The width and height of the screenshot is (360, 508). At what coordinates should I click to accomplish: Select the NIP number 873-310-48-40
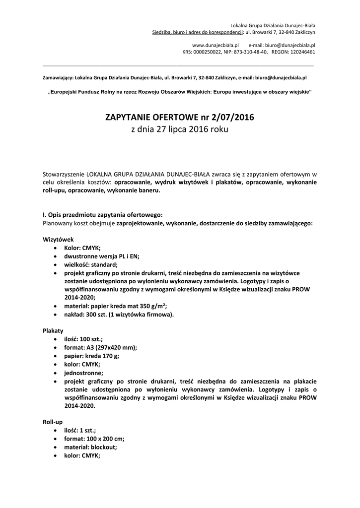(251, 51)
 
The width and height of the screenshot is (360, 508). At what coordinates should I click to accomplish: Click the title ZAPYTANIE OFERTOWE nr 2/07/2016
(180, 118)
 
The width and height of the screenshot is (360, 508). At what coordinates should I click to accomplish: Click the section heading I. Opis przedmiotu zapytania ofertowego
(102, 215)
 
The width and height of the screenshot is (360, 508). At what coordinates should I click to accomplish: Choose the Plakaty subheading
(53, 330)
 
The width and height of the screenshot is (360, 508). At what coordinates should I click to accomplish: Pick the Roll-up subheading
(53, 421)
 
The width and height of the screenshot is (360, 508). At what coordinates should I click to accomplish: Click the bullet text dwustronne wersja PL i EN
(102, 256)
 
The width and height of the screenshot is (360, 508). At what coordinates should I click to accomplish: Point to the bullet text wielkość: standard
(91, 264)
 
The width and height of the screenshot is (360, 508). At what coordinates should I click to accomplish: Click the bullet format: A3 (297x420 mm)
(100, 347)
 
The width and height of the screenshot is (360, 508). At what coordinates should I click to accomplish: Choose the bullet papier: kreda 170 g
(91, 356)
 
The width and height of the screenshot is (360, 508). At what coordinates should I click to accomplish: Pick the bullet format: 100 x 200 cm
(94, 439)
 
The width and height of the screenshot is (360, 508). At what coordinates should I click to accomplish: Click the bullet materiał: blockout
(90, 447)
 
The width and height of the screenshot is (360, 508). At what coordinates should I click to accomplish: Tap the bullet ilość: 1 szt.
(80, 430)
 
